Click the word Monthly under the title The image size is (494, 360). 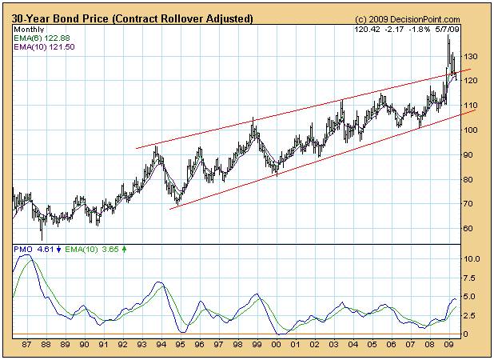click(x=28, y=29)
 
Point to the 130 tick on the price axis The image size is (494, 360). click(x=472, y=56)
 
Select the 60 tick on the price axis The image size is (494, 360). click(x=469, y=229)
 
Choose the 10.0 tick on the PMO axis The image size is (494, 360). click(x=471, y=259)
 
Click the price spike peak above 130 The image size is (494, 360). click(x=448, y=37)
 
